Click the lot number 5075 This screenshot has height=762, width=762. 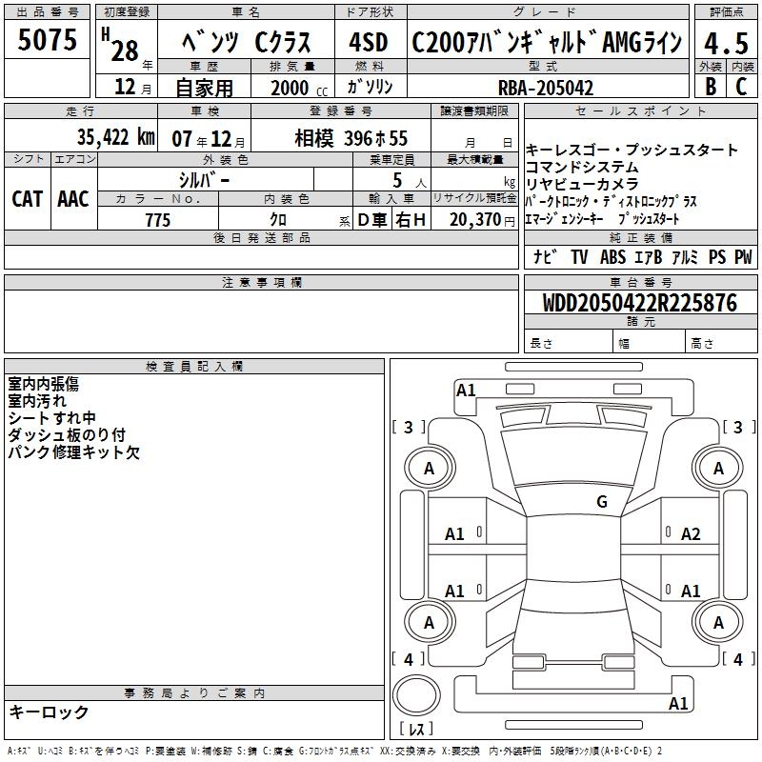click(47, 40)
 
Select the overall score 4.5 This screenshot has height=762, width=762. click(726, 44)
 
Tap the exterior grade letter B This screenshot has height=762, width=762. click(711, 87)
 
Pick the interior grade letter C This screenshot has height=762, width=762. click(741, 87)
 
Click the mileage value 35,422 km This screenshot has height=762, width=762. click(115, 137)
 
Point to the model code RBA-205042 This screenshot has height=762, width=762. click(546, 88)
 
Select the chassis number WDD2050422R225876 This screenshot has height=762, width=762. click(639, 303)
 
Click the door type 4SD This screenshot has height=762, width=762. click(369, 42)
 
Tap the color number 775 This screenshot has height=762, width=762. click(158, 220)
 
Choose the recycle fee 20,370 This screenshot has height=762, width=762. click(475, 220)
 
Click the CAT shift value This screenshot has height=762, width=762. click(27, 199)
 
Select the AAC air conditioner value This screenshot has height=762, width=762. click(73, 199)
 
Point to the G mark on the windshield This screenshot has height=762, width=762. click(602, 501)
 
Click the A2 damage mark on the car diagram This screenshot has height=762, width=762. click(691, 534)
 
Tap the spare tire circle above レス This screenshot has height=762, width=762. click(416, 695)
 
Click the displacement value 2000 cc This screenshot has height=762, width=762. click(299, 89)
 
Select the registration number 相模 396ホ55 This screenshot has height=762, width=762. click(351, 138)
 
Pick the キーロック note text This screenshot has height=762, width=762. click(49, 712)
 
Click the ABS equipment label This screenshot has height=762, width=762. click(612, 256)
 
